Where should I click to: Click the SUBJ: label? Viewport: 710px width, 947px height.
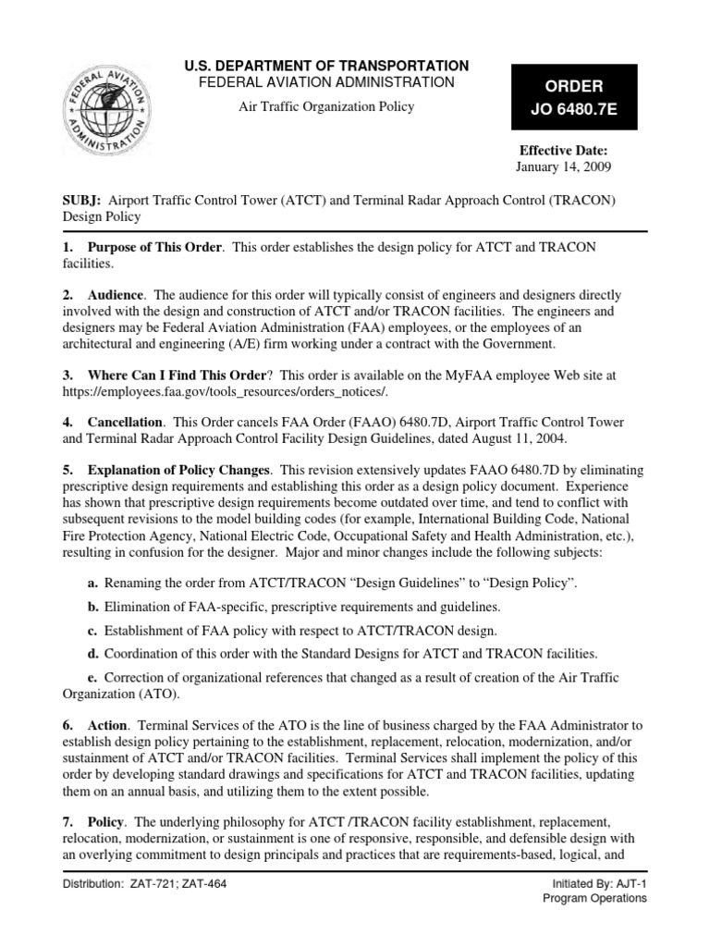point(83,200)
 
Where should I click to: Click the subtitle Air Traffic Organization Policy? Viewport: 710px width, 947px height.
point(313,106)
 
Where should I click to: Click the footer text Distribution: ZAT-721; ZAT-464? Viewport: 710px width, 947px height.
point(144,883)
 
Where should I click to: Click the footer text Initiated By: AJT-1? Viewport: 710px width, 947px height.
point(594,884)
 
